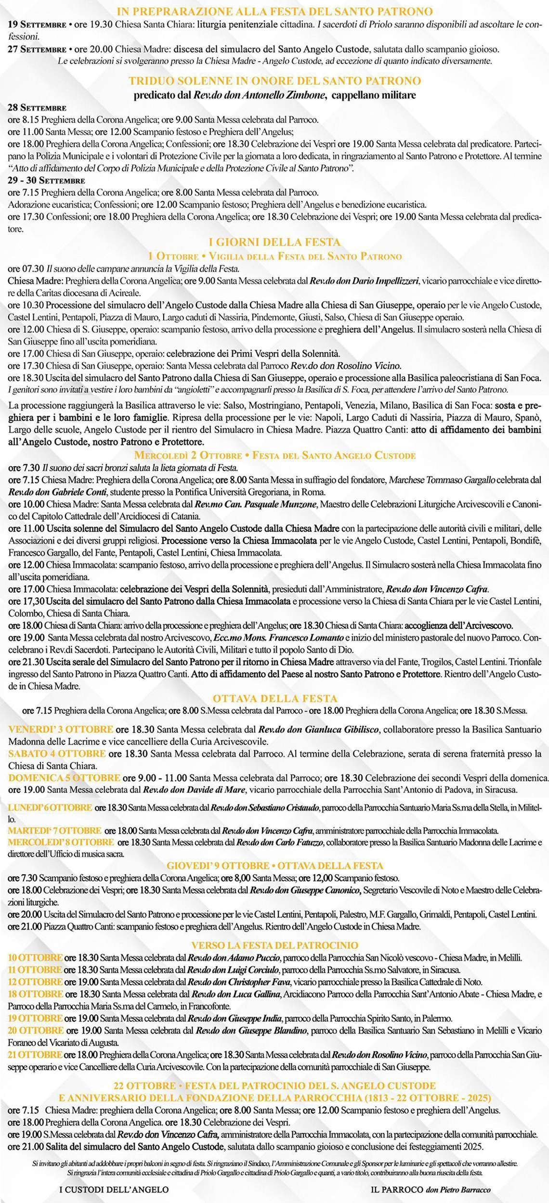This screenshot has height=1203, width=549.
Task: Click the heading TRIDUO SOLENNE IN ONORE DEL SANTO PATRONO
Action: coord(274,81)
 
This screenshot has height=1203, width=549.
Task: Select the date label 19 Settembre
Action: coord(37,25)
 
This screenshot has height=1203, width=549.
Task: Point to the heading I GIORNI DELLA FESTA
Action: coord(274,242)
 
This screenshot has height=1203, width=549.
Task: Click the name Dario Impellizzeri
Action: coord(379,281)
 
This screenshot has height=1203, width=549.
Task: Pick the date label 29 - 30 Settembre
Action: coord(46,181)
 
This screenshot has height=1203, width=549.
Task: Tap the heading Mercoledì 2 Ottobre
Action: coord(188,455)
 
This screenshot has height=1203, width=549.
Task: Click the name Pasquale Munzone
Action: coord(280,504)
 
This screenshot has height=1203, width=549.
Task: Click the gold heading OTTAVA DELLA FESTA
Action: coord(274,698)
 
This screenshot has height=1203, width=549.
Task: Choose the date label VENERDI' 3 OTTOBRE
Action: coord(61,729)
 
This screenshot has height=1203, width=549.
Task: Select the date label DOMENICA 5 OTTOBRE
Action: coord(64,778)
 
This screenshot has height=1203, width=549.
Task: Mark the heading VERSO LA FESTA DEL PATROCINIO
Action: coord(274,945)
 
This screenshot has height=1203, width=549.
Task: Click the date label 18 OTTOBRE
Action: coord(36,993)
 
